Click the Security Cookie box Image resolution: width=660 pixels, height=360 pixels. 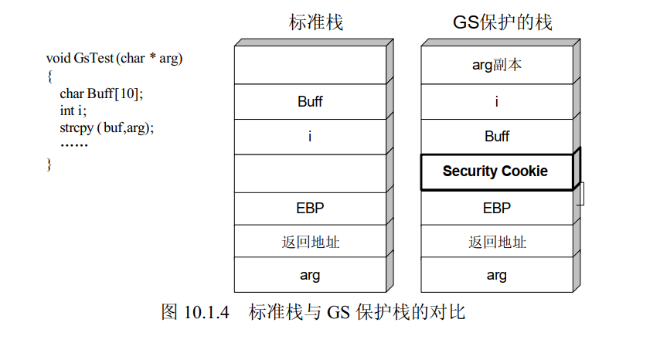(495, 172)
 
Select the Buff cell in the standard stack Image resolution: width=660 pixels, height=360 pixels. (309, 101)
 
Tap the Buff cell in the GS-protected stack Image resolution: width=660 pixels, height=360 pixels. (496, 136)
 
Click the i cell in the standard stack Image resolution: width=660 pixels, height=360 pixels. (309, 137)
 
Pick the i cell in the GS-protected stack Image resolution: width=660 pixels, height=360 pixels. (496, 101)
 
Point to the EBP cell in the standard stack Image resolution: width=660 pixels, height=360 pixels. (309, 208)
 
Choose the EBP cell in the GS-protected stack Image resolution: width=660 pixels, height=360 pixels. (496, 208)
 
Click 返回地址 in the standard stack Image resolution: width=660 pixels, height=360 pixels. (309, 242)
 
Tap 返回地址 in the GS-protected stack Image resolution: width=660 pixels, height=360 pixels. (496, 242)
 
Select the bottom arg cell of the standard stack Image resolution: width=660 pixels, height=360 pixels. (309, 275)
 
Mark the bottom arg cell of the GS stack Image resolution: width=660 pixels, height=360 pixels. (496, 275)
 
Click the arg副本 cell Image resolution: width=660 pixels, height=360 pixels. (496, 65)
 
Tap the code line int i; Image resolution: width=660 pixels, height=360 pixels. (73, 110)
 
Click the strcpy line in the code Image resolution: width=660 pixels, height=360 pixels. (107, 127)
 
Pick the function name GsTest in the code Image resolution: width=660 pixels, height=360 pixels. (93, 58)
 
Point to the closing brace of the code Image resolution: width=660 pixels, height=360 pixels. (49, 163)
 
